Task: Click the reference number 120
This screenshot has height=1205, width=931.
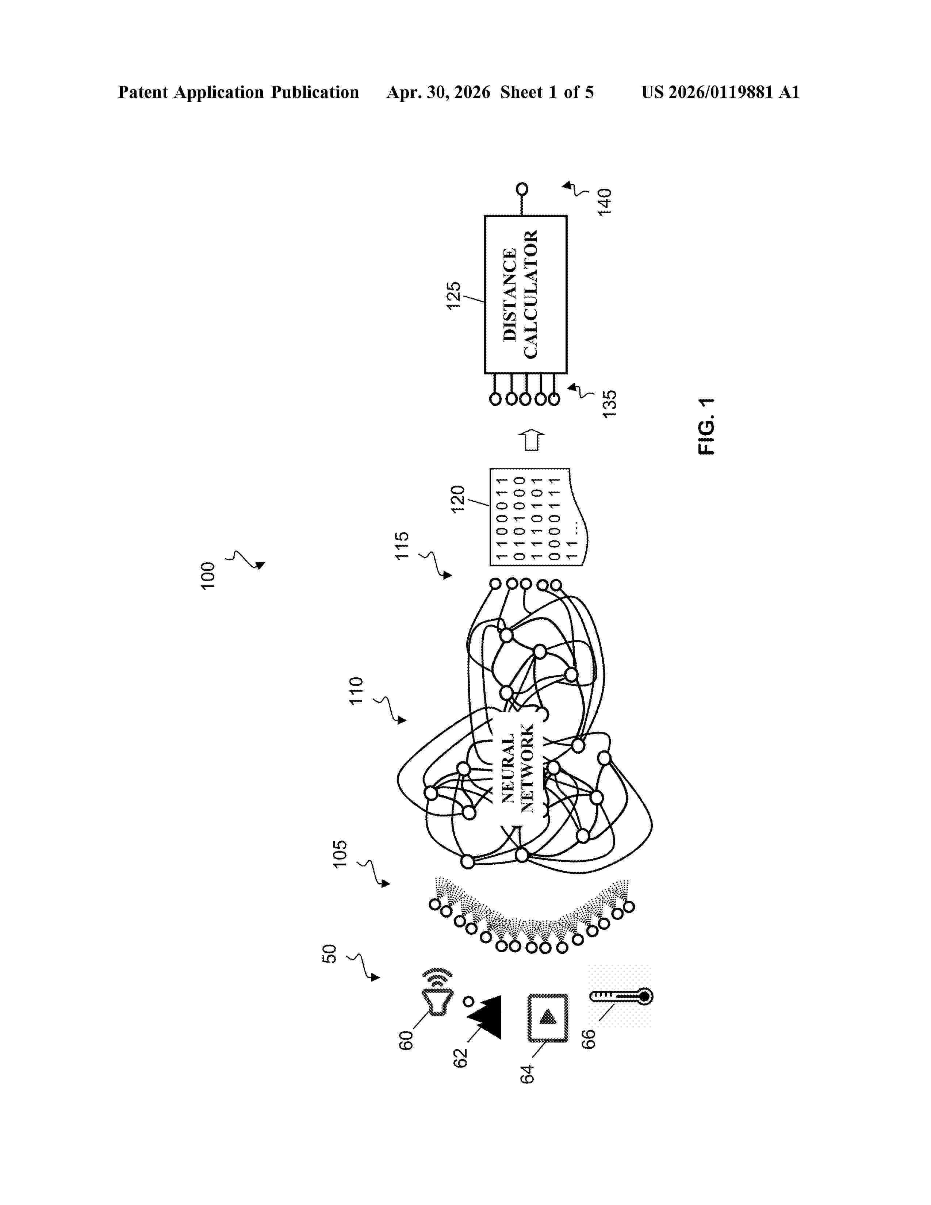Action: [458, 499]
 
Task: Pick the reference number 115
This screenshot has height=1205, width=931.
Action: [402, 546]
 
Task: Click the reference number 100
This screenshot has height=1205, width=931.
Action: [208, 576]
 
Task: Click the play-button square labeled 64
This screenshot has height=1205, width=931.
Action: [548, 1018]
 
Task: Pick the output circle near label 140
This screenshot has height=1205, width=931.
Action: [522, 189]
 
